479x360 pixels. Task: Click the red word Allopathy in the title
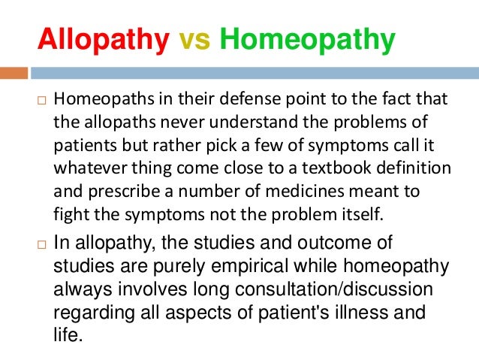point(103,41)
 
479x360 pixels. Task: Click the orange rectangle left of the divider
point(14,74)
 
